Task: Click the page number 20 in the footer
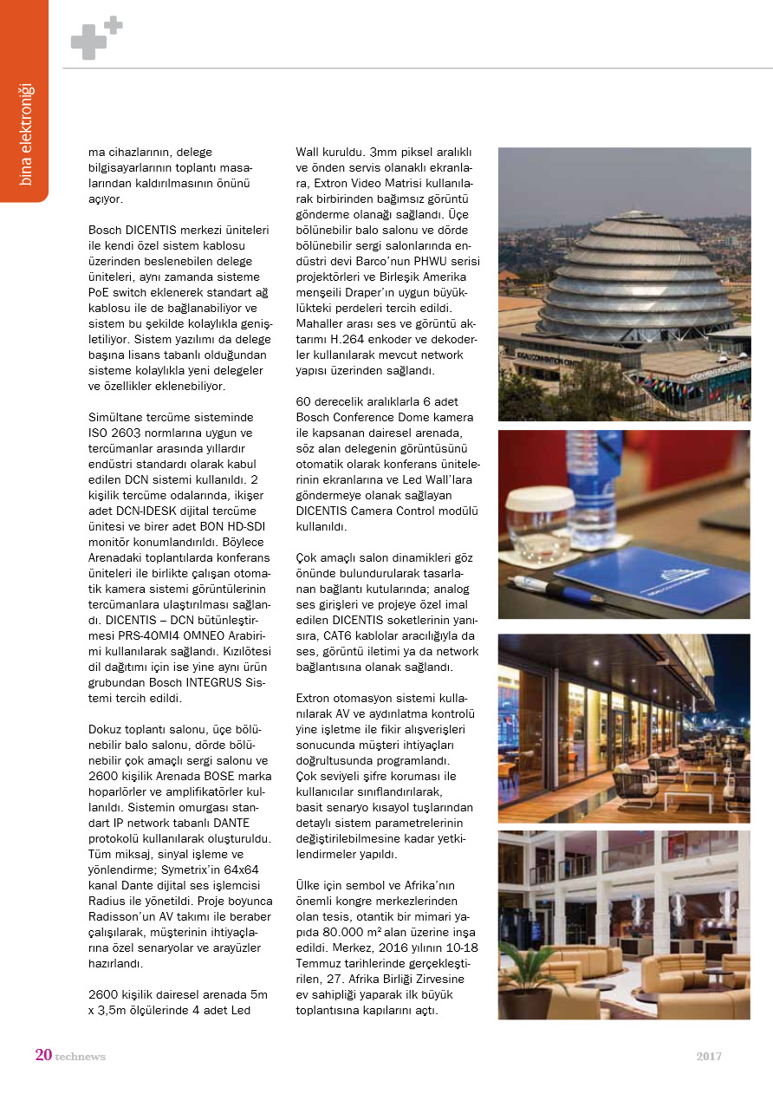point(43,1055)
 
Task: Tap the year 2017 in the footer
point(709,1056)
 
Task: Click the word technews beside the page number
point(80,1057)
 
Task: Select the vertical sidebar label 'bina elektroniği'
point(25,133)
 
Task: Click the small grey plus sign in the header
point(114,24)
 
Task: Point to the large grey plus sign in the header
point(88,42)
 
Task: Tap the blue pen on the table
point(555,589)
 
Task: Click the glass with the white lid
point(540,524)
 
